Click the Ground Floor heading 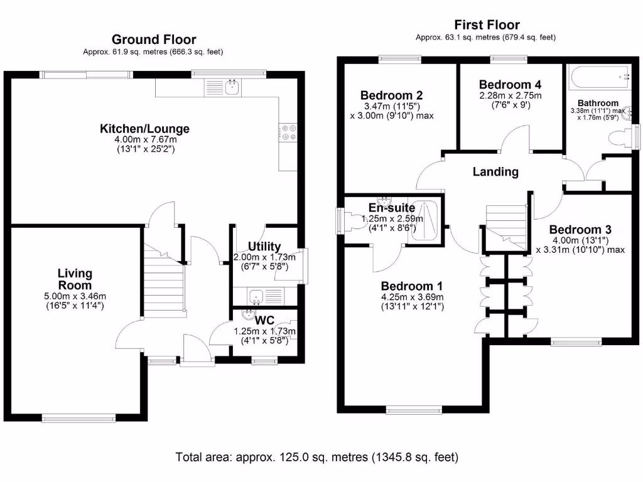tap(153, 40)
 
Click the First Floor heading tap(487, 25)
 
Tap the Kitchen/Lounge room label tap(144, 129)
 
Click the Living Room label tap(75, 279)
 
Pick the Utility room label tap(264, 246)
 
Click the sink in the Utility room tap(256, 296)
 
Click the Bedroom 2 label tap(391, 95)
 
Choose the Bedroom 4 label tap(510, 85)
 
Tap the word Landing tap(495, 171)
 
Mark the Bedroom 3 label tap(580, 230)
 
